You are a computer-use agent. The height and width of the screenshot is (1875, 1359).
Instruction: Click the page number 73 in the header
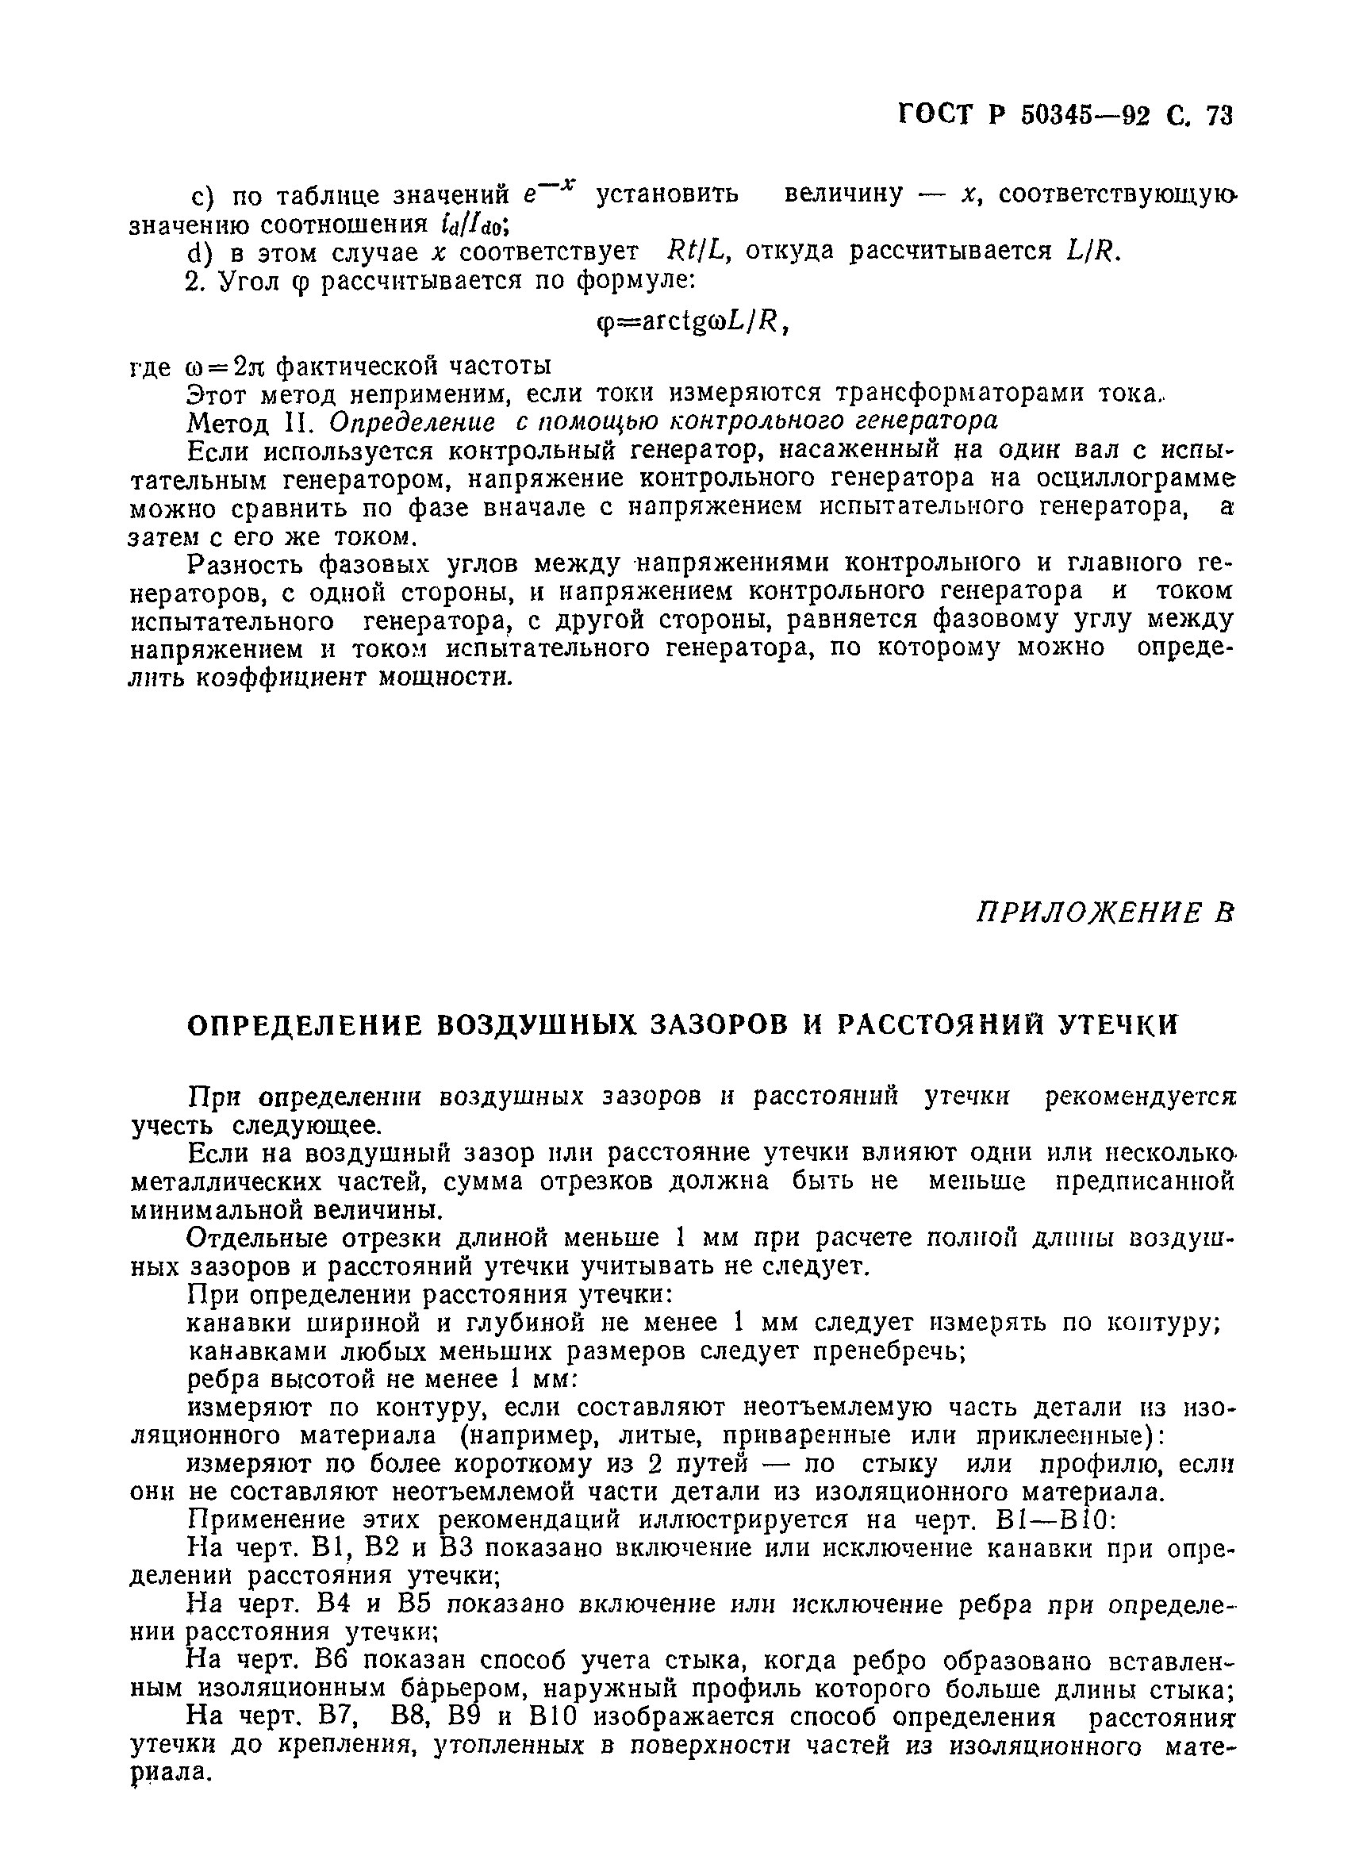pos(1219,117)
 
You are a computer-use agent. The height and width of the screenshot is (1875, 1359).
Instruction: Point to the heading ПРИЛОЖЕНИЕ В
pos(1104,913)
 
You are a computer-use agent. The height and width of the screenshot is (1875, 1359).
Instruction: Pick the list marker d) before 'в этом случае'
pos(202,252)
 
